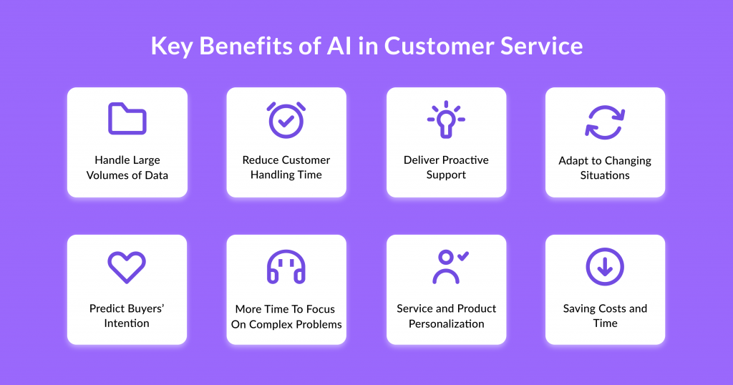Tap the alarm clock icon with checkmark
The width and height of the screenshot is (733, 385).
286,120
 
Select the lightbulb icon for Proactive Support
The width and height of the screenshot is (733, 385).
446,120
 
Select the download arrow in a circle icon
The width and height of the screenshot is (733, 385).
605,267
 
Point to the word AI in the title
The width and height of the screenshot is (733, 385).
339,47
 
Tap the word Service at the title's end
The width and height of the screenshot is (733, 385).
541,47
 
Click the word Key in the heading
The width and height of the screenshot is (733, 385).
171,47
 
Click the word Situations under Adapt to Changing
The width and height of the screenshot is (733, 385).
605,175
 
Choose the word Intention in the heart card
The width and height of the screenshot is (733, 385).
127,323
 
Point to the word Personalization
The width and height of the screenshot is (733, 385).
447,323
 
